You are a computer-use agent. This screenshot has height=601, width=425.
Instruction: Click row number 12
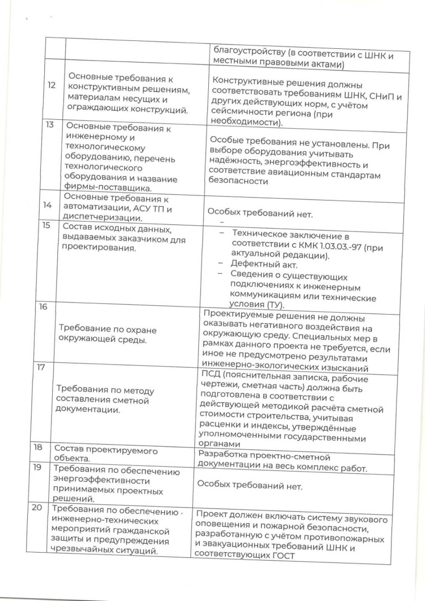coord(51,85)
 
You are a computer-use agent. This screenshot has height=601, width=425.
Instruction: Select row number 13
coord(50,125)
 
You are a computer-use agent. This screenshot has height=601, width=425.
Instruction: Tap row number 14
coord(47,205)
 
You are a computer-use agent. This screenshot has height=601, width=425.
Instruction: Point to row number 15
coord(46,225)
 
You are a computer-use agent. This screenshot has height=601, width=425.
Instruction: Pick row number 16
coord(43,306)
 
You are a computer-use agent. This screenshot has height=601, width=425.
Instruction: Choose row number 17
coord(41,367)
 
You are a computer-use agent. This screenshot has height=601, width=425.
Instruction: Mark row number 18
coord(38,447)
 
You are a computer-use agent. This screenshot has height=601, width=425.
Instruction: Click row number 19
coord(37,467)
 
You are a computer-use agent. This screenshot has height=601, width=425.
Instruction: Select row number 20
coord(37,507)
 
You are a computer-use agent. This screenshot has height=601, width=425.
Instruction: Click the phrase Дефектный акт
coord(263,264)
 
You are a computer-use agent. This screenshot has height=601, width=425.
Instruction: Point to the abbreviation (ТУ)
coord(275,305)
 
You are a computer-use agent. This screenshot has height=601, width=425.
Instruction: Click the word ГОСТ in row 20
coord(281,556)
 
